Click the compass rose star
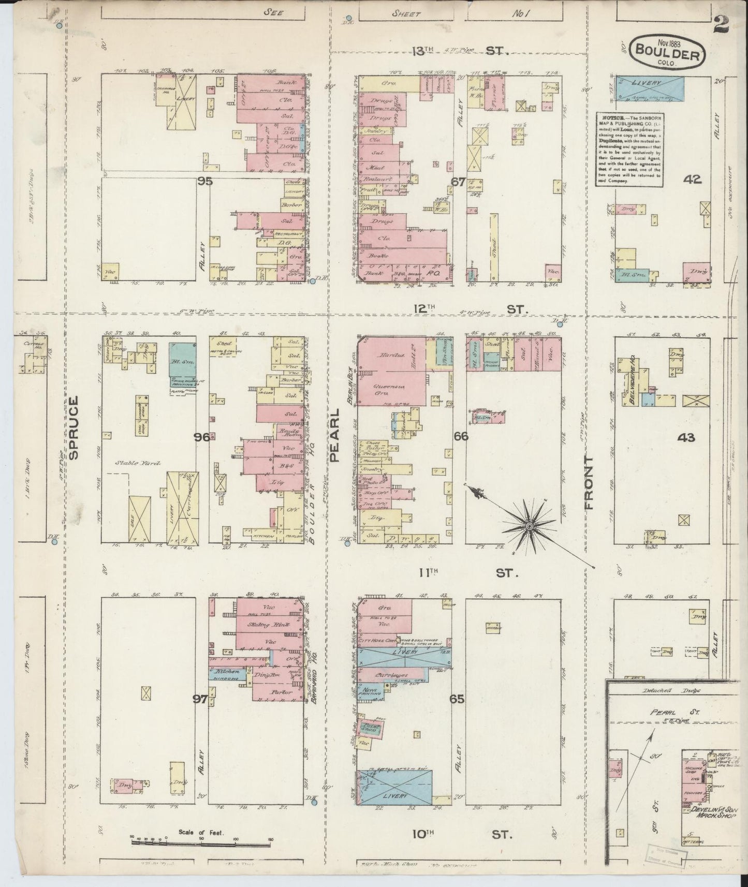pyautogui.click(x=529, y=526)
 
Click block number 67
pyautogui.click(x=458, y=182)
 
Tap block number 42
pyautogui.click(x=692, y=180)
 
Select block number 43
pyautogui.click(x=686, y=438)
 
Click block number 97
pyautogui.click(x=200, y=700)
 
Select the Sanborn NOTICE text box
pyautogui.click(x=629, y=150)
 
